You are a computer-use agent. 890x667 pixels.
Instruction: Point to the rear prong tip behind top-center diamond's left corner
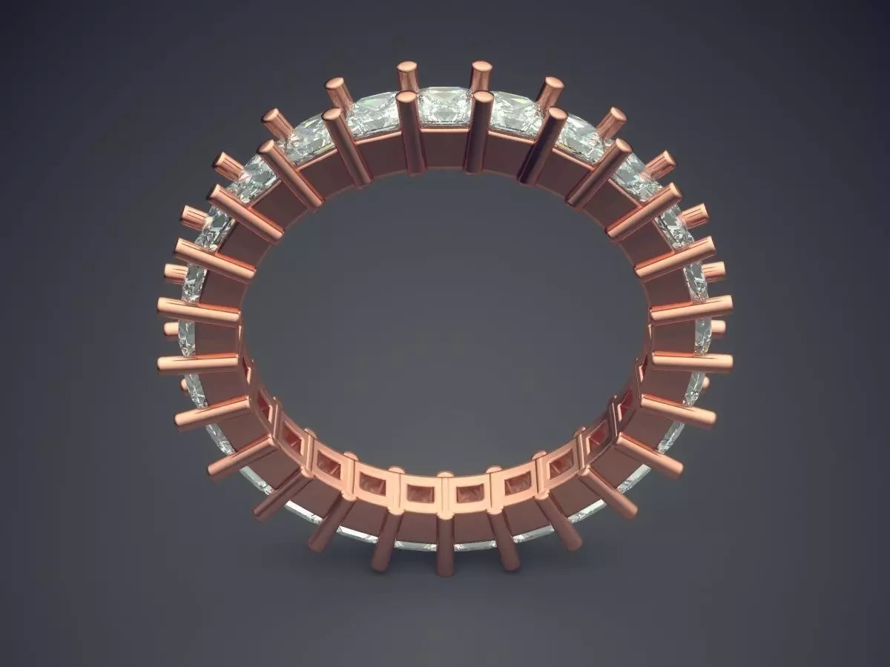click(407, 75)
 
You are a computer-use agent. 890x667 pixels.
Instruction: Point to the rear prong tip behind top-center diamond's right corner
click(481, 75)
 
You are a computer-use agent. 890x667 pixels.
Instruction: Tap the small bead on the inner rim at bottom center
click(444, 475)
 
